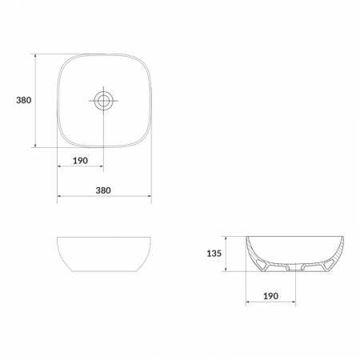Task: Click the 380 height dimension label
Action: pos(24,100)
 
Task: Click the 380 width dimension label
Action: pos(103,190)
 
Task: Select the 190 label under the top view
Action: pos(80,161)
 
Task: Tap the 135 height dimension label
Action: pos(214,254)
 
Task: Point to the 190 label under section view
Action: pos(270,296)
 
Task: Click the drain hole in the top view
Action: pos(103,101)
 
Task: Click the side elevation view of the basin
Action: pos(104,254)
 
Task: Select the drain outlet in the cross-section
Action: pos(295,268)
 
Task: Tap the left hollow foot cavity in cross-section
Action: pos(262,265)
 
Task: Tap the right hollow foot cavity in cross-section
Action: pos(328,265)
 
